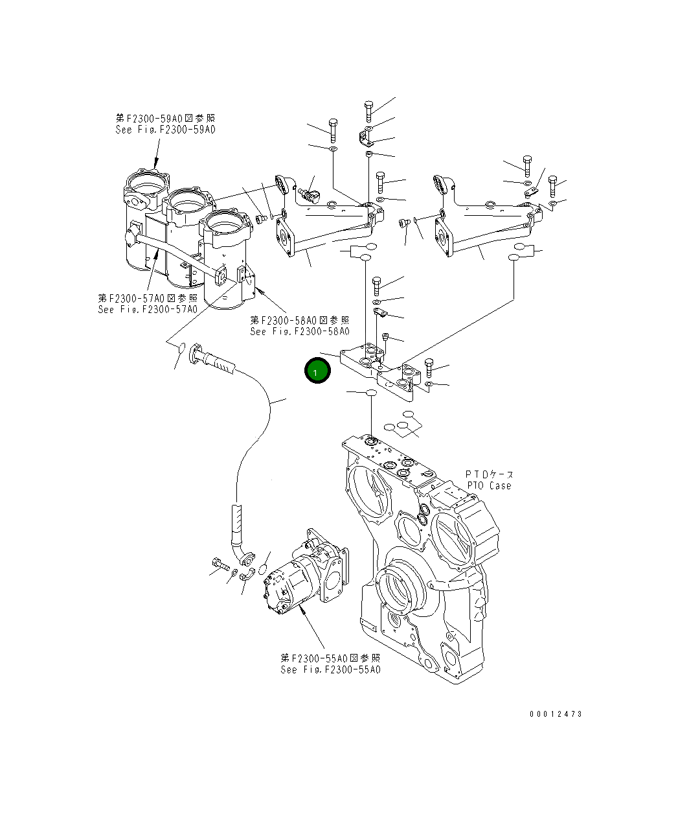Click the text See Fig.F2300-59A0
click(165, 130)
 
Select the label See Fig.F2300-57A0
click(148, 309)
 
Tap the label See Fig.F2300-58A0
click(300, 331)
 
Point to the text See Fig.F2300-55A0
click(330, 669)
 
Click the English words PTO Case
click(489, 485)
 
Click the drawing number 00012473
click(556, 714)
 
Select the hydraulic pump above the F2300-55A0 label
click(304, 574)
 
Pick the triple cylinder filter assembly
click(188, 240)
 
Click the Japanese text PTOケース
click(490, 474)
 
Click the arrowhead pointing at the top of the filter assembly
click(156, 163)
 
